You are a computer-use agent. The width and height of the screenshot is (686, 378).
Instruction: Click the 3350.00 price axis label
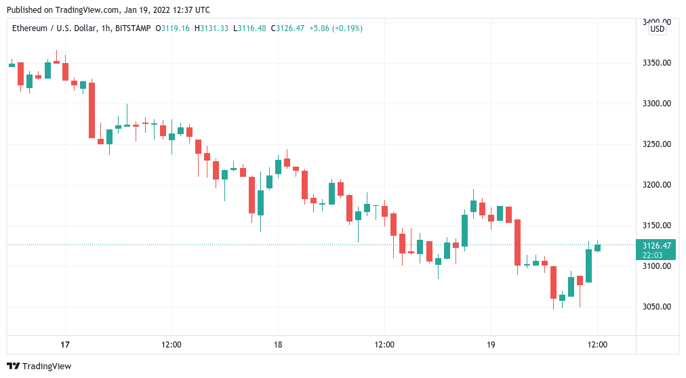tap(657, 63)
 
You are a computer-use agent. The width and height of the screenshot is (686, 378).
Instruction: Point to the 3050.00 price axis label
tap(657, 307)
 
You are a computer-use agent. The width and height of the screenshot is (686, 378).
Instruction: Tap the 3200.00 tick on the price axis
tap(657, 185)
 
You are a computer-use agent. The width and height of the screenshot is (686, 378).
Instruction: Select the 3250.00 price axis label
tap(657, 144)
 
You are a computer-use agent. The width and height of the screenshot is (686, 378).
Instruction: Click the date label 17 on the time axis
tap(65, 345)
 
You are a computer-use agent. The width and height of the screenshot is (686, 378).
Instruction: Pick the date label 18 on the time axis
tap(277, 345)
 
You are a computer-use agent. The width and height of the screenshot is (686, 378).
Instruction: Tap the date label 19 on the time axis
tap(491, 345)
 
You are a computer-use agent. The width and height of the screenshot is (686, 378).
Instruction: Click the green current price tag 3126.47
tap(657, 245)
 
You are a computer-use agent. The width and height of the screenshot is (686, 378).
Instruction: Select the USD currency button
tap(658, 29)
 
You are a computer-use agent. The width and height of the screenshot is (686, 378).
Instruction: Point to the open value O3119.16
tap(172, 28)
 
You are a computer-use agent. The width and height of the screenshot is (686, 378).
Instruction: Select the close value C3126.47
tap(288, 28)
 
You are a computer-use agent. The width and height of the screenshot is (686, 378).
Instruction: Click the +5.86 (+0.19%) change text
tap(336, 28)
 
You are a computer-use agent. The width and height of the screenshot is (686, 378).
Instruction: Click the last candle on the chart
tap(597, 247)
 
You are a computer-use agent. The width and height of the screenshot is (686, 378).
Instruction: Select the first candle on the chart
tap(12, 65)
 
